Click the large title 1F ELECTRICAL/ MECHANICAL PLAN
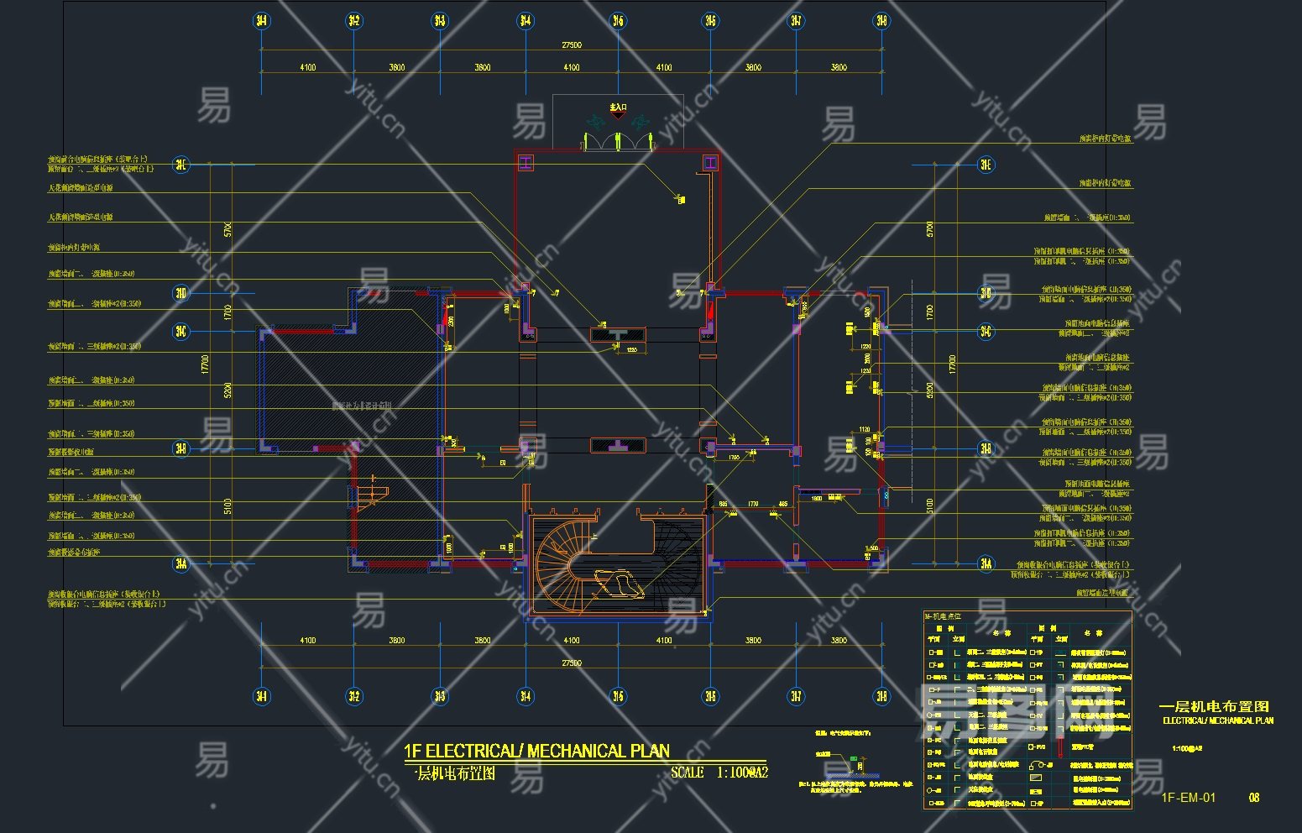[x=536, y=751]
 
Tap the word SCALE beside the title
[x=687, y=773]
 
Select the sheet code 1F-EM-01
[x=1188, y=797]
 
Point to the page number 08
[x=1254, y=797]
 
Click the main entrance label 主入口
[x=618, y=107]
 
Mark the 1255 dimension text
[x=631, y=350]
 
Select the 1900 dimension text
[x=816, y=499]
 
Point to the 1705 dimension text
[x=734, y=458]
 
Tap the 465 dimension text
[x=782, y=504]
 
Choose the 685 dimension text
[x=723, y=504]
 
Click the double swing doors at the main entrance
[x=618, y=139]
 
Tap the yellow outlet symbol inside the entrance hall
[x=681, y=200]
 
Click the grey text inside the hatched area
[x=363, y=406]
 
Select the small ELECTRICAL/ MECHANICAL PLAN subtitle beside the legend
[x=1217, y=720]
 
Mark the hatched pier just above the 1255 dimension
[x=617, y=334]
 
